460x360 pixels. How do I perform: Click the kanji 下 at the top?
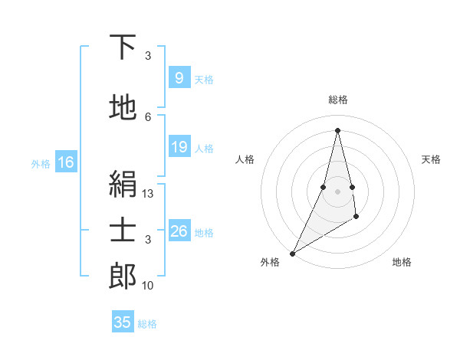[x=123, y=47]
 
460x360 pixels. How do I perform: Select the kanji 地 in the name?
[x=123, y=108]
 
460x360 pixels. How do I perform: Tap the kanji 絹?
[x=123, y=184]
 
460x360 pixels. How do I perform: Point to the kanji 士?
[x=123, y=230]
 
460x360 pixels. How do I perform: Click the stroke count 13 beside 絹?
[x=148, y=195]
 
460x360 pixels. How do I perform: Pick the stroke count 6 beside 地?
[x=148, y=116]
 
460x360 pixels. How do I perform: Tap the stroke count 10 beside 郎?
[x=148, y=286]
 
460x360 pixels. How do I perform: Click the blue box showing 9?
[x=179, y=77]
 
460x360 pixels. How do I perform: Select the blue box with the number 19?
[x=179, y=147]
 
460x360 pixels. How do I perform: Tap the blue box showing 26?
[x=179, y=231]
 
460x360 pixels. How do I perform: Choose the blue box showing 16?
[x=66, y=162]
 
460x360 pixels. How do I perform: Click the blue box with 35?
[x=123, y=322]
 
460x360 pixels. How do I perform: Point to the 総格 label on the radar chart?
[x=337, y=100]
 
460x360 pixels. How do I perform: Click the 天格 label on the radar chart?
[x=432, y=159]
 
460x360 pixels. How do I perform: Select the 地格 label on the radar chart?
[x=402, y=262]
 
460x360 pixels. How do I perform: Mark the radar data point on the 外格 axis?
[x=293, y=253]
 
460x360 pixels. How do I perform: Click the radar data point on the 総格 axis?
[x=337, y=130]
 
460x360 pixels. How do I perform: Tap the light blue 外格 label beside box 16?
[x=41, y=163]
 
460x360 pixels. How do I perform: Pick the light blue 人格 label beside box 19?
[x=204, y=149]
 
